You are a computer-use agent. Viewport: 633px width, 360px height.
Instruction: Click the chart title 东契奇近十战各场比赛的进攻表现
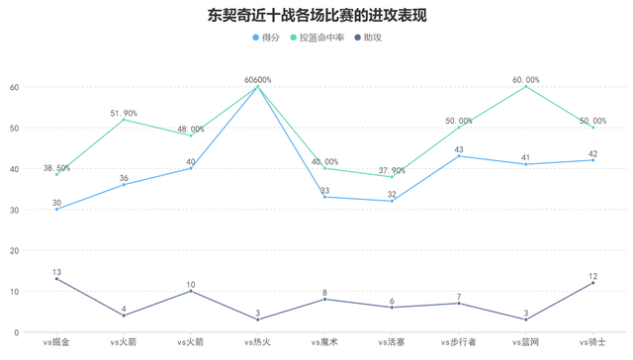pos(316,16)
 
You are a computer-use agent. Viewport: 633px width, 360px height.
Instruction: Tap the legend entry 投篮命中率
pos(316,38)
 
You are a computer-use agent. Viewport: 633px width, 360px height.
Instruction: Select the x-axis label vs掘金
pos(56,342)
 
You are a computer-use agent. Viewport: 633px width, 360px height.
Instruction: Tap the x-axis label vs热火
pos(258,342)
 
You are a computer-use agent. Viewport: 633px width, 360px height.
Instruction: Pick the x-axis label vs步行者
pos(459,342)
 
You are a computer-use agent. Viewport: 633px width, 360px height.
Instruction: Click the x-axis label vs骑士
pos(593,342)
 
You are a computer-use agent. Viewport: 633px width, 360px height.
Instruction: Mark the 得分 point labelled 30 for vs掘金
pos(56,210)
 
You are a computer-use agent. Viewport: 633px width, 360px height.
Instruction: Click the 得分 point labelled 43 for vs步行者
pos(459,156)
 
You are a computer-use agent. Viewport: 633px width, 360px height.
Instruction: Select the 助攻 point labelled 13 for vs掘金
pos(56,279)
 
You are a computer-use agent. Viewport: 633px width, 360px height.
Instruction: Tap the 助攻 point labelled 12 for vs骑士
pos(593,283)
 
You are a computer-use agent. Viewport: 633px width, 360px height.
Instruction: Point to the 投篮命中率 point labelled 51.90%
pos(124,120)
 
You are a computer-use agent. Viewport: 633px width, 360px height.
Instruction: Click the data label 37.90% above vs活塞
pos(392,169)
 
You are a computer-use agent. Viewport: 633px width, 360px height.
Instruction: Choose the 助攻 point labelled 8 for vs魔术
pos(324,300)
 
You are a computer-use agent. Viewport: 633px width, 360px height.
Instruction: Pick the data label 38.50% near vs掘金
pos(56,168)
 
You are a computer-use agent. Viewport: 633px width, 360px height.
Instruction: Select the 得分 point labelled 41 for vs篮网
pos(526,164)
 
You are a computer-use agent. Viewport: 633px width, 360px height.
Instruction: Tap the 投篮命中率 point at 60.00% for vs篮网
pos(526,87)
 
